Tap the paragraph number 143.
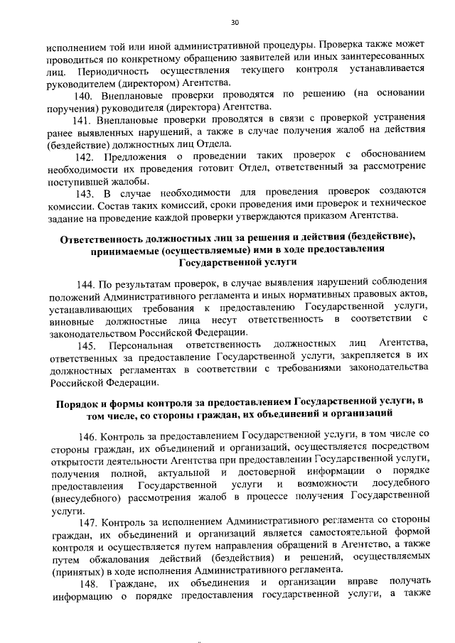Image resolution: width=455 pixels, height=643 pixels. click(x=85, y=192)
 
